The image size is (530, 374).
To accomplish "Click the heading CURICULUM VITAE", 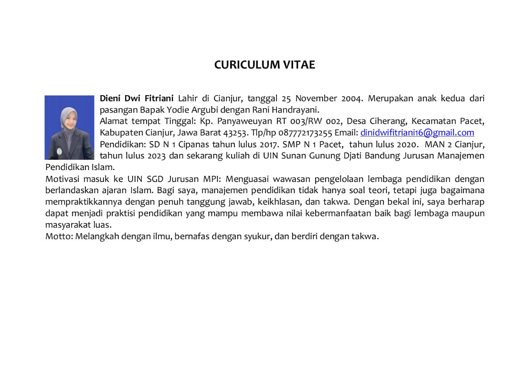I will [265, 65].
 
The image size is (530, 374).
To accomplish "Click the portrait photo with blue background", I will [70, 127].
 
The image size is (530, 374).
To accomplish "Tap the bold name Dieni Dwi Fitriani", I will [137, 98].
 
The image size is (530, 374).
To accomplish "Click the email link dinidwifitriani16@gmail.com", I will [417, 133].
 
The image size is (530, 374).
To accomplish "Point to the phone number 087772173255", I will [303, 133].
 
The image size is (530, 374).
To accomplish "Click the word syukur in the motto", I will [259, 237].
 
